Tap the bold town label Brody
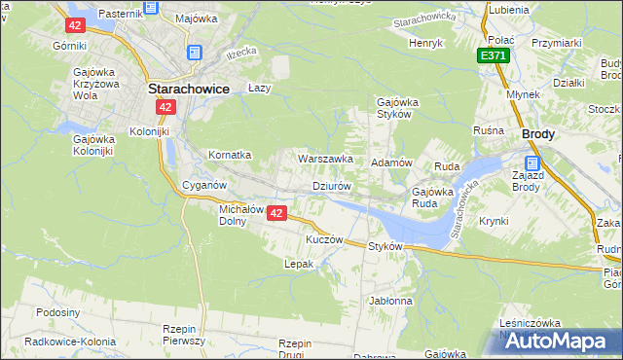pos(538,136)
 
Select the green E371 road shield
pos(493,57)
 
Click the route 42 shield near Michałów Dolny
pos(277,212)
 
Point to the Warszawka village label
pos(324,158)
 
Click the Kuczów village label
pos(325,239)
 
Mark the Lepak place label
pos(298,264)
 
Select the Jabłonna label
pos(390,301)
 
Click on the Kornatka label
pos(230,155)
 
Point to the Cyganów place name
pos(204,185)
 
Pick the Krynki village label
pos(494,221)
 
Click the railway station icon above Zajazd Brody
pos(532,162)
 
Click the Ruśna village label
pos(488,130)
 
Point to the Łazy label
pos(258,87)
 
